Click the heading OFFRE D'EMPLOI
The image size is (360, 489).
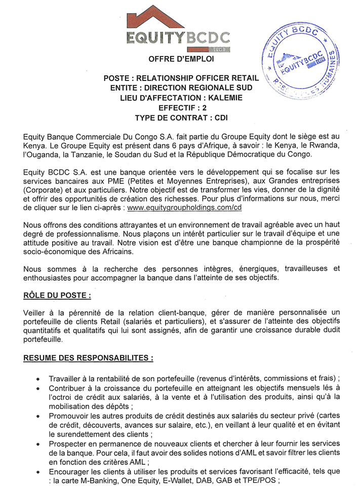pos(181,60)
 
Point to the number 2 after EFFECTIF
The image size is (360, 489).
pos(204,108)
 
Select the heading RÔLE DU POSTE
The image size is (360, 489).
pos(57,295)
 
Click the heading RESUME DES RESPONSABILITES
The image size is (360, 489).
pos(88,358)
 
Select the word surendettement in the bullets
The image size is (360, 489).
pos(75,434)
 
